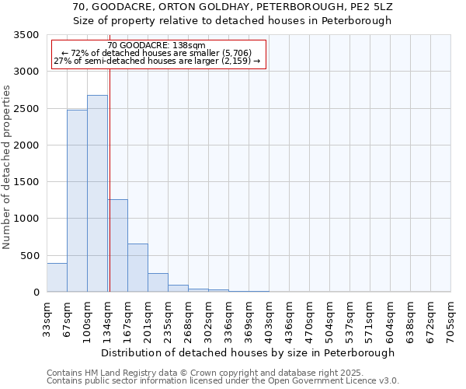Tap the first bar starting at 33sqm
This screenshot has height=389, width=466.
57,278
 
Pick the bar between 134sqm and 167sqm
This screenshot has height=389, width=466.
117,246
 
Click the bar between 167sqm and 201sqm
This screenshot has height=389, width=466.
137,268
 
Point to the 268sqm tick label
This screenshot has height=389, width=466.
188,317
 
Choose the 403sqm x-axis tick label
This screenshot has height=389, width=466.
269,317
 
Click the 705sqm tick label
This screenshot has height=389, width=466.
450,317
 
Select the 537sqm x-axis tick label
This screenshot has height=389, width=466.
349,317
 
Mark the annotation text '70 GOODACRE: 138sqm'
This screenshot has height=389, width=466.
158,46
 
